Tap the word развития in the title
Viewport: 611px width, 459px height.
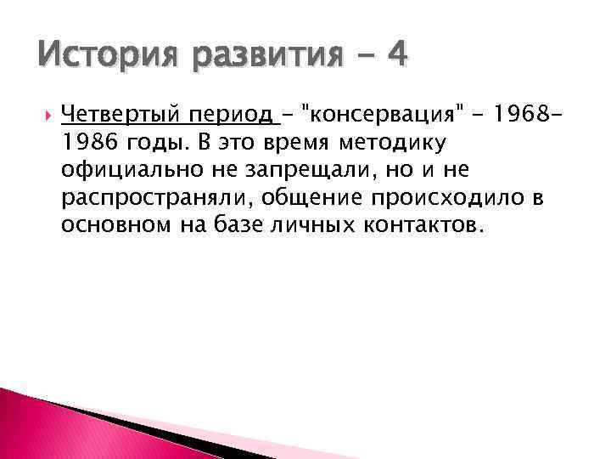255,57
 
